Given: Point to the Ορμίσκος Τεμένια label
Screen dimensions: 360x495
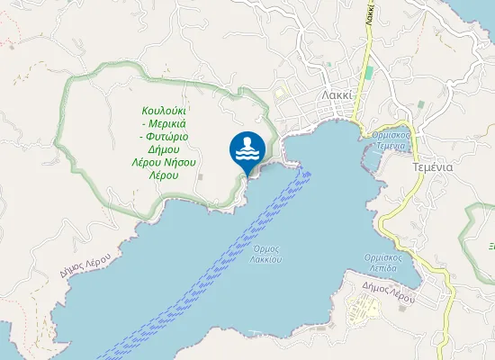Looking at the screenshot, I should click(x=391, y=139).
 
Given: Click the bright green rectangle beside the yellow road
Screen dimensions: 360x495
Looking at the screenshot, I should click(x=368, y=73).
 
